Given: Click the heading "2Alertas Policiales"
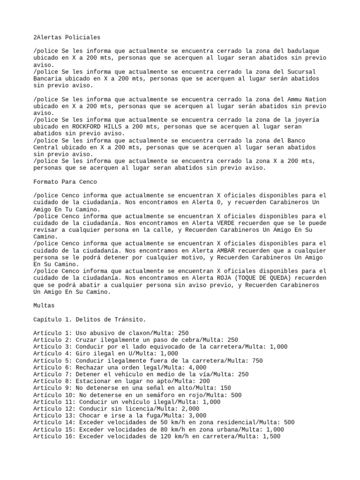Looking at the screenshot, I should pyautogui.click(x=67, y=37).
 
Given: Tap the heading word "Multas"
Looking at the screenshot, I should pyautogui.click(x=44, y=305).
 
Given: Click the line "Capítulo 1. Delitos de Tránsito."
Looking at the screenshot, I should pyautogui.click(x=90, y=320).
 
